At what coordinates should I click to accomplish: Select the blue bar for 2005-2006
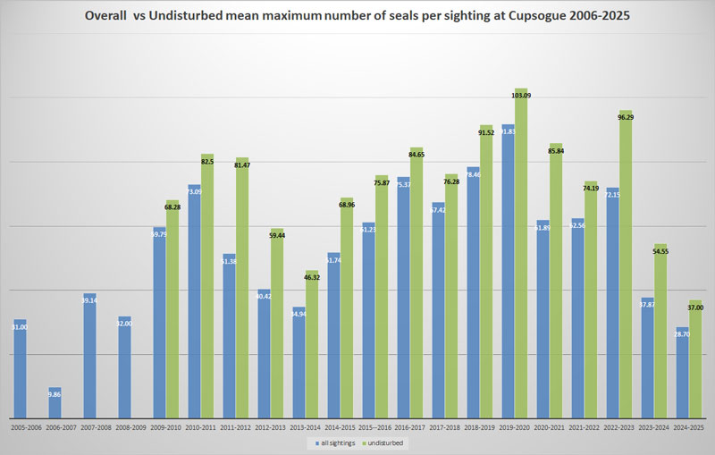[x=20, y=368]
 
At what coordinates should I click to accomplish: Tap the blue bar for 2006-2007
[x=55, y=402]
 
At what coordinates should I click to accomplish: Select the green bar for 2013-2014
[x=312, y=344]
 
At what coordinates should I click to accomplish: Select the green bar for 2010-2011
[x=207, y=286]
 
